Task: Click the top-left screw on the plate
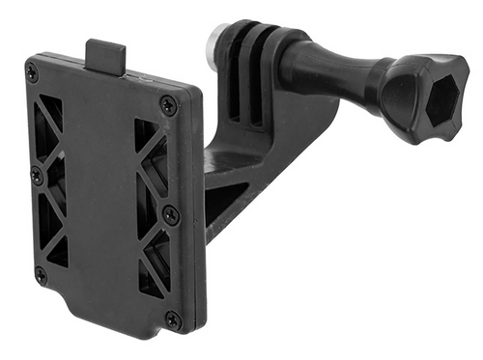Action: point(33,73)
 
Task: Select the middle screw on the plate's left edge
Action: point(37,176)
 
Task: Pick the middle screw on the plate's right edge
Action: point(171,214)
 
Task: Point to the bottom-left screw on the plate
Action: point(41,275)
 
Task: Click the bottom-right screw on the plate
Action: point(173,318)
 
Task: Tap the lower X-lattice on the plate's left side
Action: point(54,228)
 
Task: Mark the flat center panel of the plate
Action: point(101,193)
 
